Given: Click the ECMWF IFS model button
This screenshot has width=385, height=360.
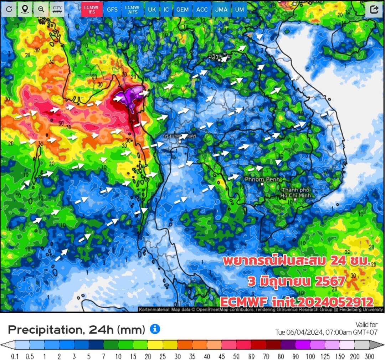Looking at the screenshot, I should [x=92, y=10].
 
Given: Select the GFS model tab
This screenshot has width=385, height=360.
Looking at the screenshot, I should [x=112, y=10].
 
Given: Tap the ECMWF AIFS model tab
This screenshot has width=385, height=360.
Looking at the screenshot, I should [x=133, y=10].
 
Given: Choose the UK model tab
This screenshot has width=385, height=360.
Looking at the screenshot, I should [x=152, y=10].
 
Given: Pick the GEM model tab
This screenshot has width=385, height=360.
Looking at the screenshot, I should [x=183, y=10].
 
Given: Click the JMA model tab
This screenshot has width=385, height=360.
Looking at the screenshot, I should [x=221, y=10].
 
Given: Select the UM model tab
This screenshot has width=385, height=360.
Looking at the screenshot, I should [x=240, y=10].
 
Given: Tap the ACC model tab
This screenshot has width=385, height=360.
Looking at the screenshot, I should [x=202, y=10].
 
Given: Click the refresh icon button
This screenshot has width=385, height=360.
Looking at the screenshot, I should [x=9, y=10].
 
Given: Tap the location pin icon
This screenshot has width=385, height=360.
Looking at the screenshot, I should [x=25, y=10].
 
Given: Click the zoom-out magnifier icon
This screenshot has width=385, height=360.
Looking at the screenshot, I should [x=41, y=10].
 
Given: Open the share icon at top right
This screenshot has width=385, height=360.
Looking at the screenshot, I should [x=374, y=10].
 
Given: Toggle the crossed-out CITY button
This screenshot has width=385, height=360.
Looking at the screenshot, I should [x=57, y=10].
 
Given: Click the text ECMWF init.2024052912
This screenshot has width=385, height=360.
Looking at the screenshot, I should [x=297, y=302].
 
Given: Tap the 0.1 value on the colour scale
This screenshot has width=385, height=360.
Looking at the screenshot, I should [x=15, y=356].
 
